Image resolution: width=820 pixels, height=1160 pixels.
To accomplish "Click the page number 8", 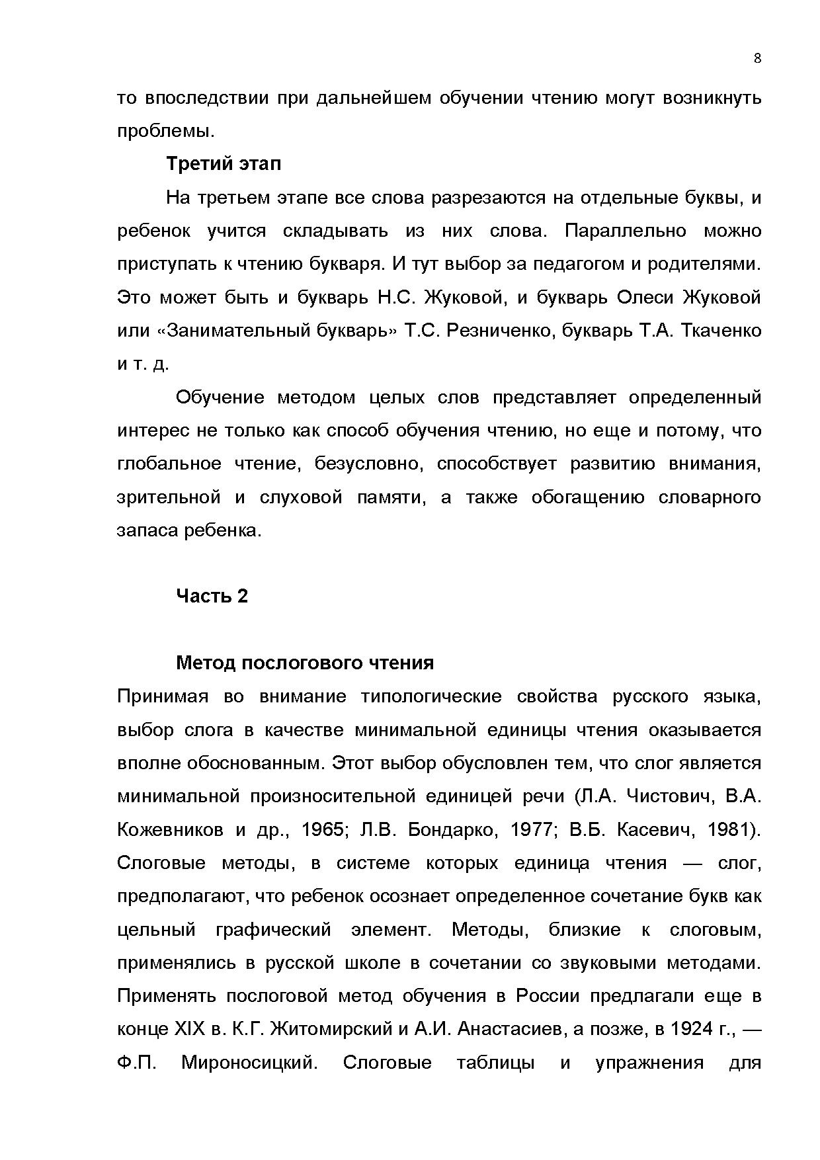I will click(x=757, y=58).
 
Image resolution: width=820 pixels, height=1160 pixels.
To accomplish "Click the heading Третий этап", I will click(x=224, y=163).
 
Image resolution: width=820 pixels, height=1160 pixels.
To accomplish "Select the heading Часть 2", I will click(x=212, y=596).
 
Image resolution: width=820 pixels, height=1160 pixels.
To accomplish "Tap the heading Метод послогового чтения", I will click(x=304, y=663).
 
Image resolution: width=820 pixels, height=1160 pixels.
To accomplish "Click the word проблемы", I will click(x=165, y=131).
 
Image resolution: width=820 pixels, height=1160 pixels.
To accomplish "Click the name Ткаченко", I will click(x=721, y=330).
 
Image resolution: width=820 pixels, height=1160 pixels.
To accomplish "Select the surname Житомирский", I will click(x=333, y=1029).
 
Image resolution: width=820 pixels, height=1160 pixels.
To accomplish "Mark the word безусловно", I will click(x=368, y=464).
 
